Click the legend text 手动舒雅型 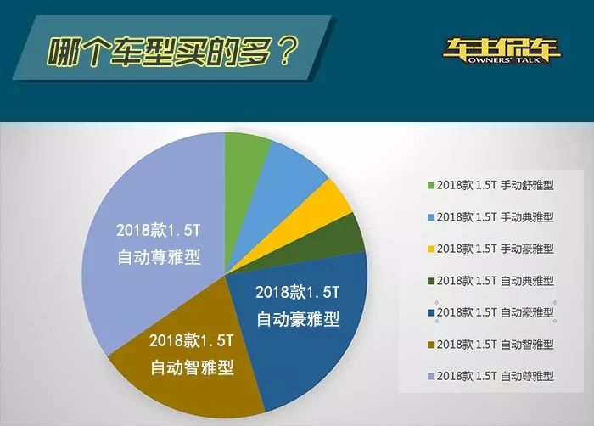[527, 185]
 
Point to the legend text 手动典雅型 [527, 217]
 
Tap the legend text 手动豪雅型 [527, 249]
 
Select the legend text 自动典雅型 [527, 281]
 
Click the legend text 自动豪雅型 [527, 312]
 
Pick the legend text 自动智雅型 [527, 345]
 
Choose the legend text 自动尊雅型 [527, 376]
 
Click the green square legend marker [431, 186]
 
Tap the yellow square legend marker [431, 249]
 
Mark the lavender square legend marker [431, 377]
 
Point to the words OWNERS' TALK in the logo [503, 59]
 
